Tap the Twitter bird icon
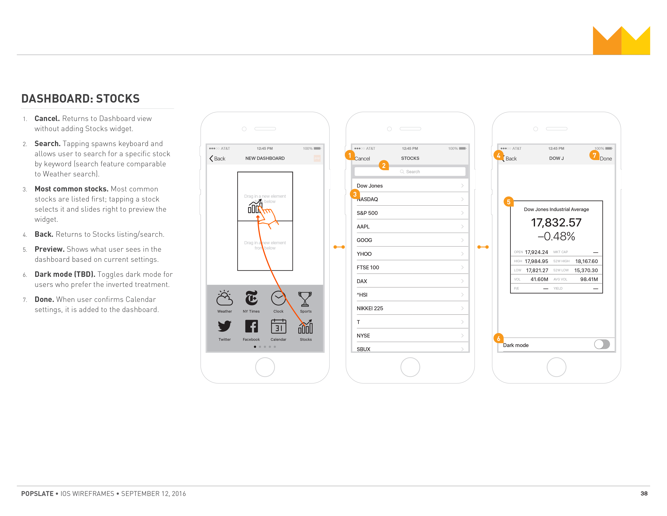pos(225,326)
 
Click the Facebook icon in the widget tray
pos(251,326)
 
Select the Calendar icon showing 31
pos(279,326)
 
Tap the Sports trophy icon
pos(305,299)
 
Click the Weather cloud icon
pos(225,298)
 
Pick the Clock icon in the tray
pos(278,298)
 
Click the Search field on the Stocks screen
pos(410,171)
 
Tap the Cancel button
pos(362,159)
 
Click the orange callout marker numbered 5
pos(509,202)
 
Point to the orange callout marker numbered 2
pos(384,165)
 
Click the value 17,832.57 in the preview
pos(556,223)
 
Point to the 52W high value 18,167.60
pos(586,261)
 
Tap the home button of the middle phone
pos(410,367)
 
